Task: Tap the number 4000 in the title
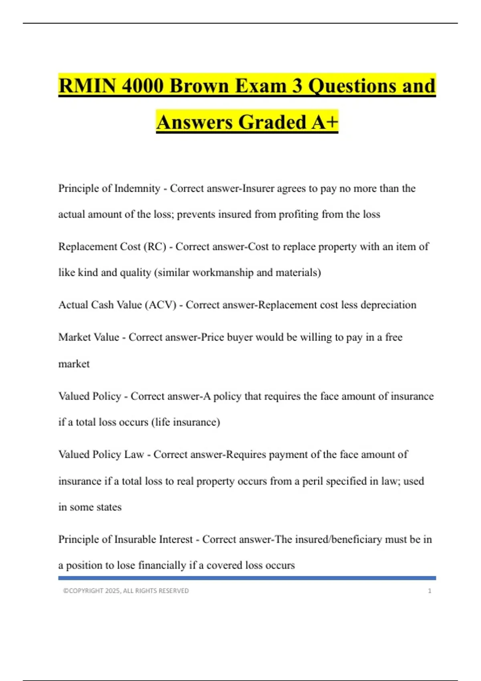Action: click(142, 86)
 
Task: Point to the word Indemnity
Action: click(137, 188)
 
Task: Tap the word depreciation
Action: click(388, 305)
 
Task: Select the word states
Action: click(109, 507)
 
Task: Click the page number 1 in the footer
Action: click(430, 591)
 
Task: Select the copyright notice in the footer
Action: click(126, 591)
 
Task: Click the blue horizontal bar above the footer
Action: click(247, 578)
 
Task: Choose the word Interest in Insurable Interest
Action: click(176, 539)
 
